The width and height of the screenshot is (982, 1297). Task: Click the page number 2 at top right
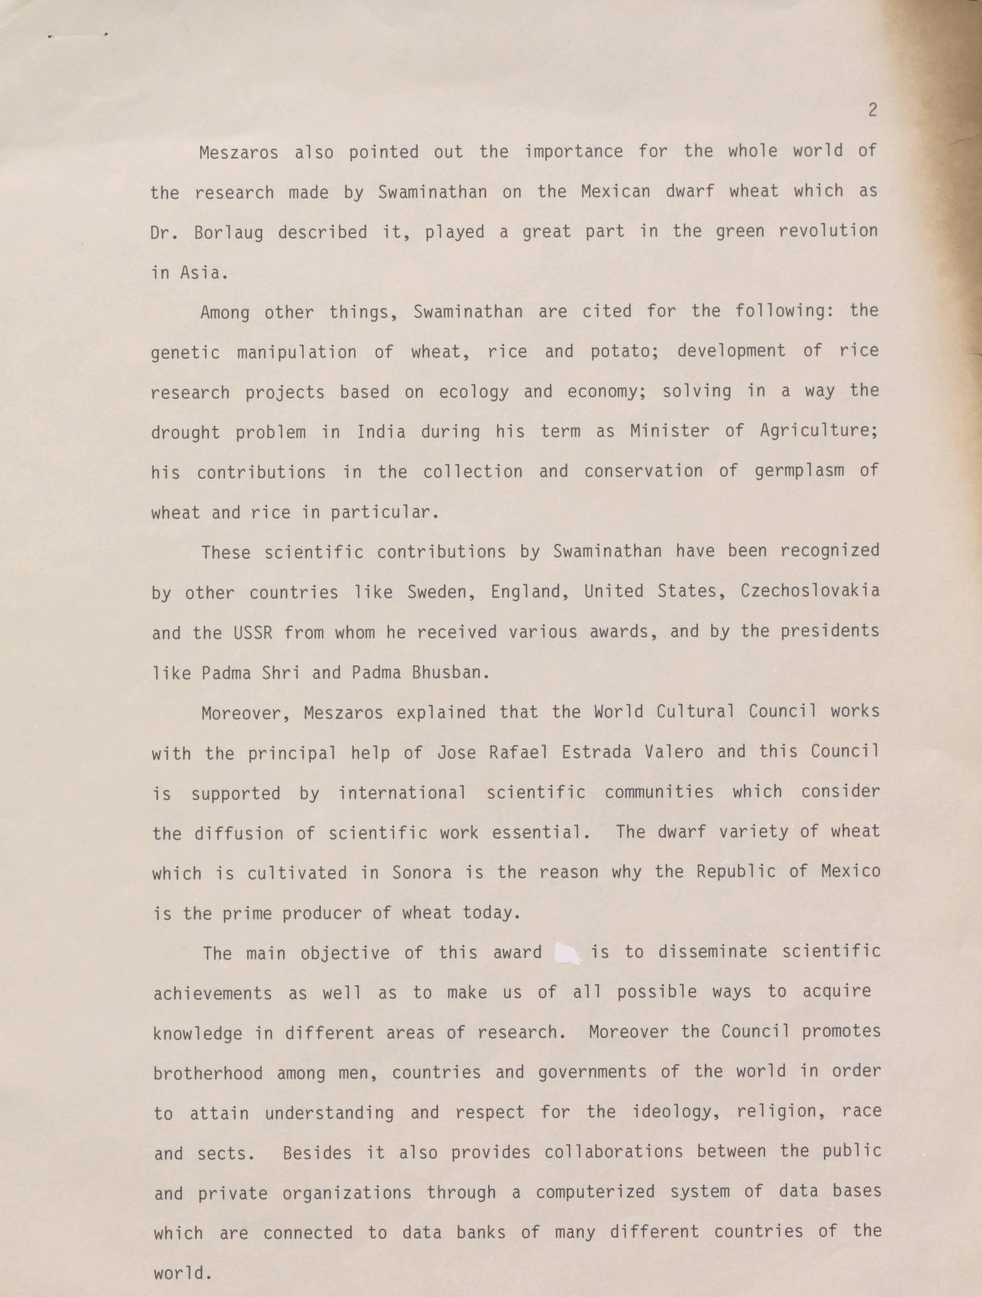[x=872, y=110]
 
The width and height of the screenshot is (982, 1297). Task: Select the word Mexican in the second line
[x=615, y=192]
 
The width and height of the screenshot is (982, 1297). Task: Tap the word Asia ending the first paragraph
[x=203, y=273]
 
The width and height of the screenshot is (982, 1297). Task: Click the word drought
[x=185, y=433]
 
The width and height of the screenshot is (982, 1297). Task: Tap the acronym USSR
[x=253, y=633]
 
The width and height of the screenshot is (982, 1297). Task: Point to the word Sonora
[x=422, y=873]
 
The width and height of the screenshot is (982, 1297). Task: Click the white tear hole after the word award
[x=567, y=953]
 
